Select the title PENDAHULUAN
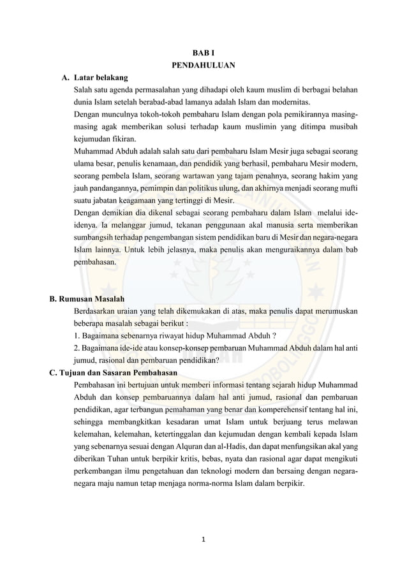pos(204,66)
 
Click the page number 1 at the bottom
pos(204,540)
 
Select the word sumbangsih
pos(94,237)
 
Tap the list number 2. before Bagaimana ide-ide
pos(77,347)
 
